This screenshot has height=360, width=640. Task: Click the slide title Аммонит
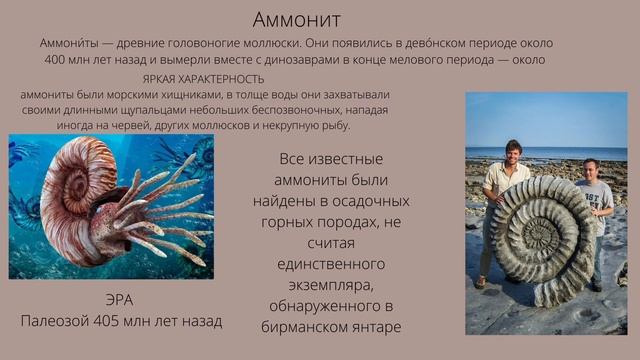[296, 19]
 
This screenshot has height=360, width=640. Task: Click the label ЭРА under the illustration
[119, 301]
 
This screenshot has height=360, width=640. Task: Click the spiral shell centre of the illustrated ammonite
[73, 185]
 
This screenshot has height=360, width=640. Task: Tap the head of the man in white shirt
[513, 152]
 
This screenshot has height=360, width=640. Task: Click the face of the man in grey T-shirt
[590, 171]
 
